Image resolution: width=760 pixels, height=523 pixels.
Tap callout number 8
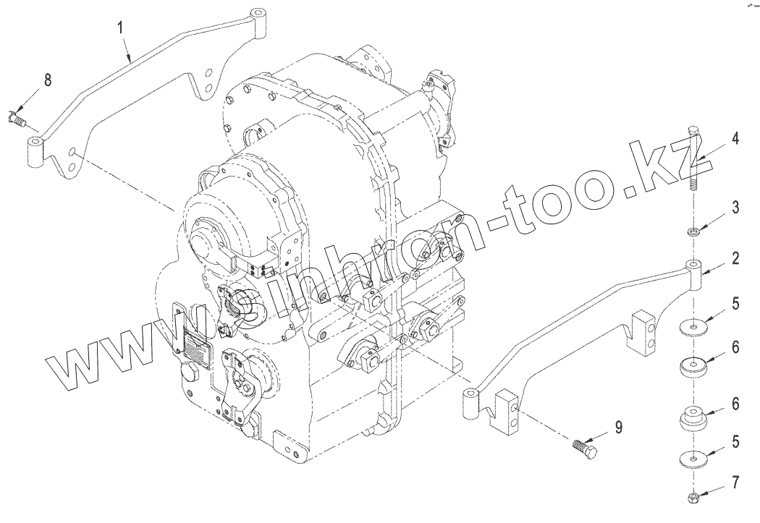[x=48, y=80]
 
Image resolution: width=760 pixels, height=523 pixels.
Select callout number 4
[x=736, y=140]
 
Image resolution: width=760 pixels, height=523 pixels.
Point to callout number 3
[x=736, y=208]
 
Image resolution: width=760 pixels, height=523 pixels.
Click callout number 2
[x=736, y=258]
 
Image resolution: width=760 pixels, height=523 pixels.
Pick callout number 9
[x=618, y=427]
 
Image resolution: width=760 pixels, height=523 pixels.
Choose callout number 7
[x=736, y=482]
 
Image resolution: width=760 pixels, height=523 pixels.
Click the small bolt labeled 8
[x=17, y=119]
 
